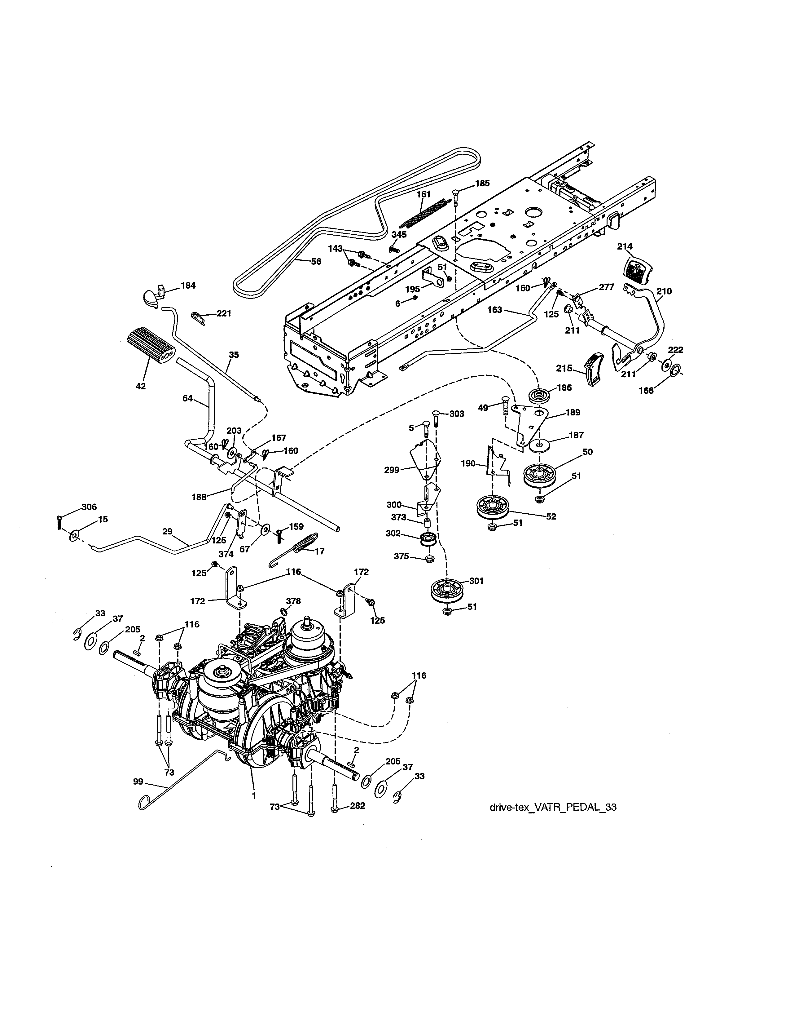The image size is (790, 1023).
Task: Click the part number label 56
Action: pos(316,261)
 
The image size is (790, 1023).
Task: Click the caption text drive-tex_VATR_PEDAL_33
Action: pos(553,807)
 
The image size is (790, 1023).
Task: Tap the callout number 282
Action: pos(357,806)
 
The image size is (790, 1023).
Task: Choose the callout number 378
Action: pos(293,600)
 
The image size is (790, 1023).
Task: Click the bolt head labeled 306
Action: pos(59,518)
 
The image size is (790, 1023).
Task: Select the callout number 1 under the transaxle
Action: pos(254,796)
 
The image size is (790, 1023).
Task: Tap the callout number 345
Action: pos(399,234)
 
